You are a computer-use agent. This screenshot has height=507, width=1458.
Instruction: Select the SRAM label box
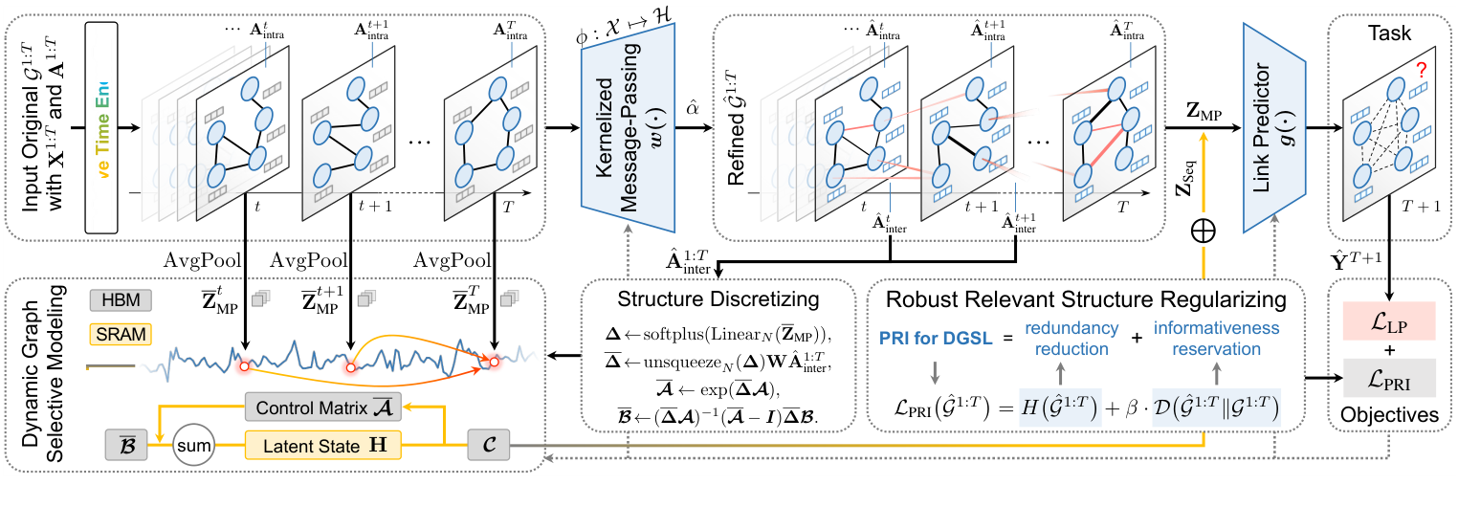tap(115, 334)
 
